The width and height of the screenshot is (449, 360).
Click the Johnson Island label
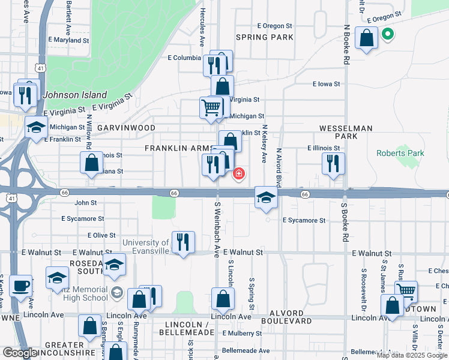tap(76, 95)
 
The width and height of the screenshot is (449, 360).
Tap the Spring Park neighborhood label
tap(265, 37)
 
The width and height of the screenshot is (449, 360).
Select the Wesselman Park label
tap(346, 133)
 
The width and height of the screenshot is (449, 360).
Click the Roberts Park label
tap(400, 153)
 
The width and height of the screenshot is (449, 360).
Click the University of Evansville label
tap(146, 247)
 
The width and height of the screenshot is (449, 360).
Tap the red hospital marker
tap(239, 174)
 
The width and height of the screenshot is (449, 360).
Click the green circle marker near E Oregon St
tap(387, 34)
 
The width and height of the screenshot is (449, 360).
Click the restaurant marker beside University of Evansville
tap(183, 242)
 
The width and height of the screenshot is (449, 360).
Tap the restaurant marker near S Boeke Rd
tap(333, 163)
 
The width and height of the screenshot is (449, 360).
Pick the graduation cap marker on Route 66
tap(266, 197)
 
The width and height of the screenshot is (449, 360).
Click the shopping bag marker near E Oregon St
tap(366, 38)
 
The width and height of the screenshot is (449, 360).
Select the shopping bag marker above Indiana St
tap(91, 162)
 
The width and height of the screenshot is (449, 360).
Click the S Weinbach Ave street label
tap(217, 227)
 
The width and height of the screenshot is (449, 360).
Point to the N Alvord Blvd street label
tap(279, 168)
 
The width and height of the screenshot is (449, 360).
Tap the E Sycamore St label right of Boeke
tap(304, 220)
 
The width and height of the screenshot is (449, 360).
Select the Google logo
tap(20, 353)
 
